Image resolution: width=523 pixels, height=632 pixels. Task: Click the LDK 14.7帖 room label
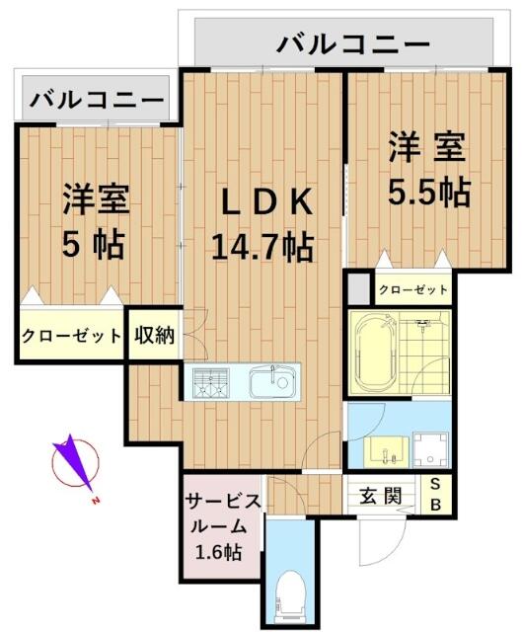(x=262, y=224)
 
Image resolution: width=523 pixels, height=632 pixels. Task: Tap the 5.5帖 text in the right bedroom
(x=429, y=192)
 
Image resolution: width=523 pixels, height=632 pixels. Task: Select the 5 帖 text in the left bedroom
(x=93, y=244)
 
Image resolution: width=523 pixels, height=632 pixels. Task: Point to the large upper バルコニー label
(x=353, y=44)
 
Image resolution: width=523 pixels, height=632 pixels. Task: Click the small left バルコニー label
(x=97, y=100)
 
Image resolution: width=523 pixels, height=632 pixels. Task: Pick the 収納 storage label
(x=154, y=335)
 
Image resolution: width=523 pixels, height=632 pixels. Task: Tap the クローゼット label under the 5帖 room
(x=71, y=336)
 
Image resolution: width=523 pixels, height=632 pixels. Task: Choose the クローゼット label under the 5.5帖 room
(x=413, y=289)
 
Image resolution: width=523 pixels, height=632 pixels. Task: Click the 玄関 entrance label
(x=380, y=496)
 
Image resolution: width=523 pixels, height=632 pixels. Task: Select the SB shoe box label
(x=435, y=495)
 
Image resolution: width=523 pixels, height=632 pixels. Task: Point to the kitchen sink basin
(x=273, y=382)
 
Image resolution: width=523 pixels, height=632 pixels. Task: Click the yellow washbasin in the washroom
(x=386, y=451)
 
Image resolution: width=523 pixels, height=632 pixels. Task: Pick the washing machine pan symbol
(x=430, y=450)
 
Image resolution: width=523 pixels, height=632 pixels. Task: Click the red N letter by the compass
(x=96, y=501)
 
